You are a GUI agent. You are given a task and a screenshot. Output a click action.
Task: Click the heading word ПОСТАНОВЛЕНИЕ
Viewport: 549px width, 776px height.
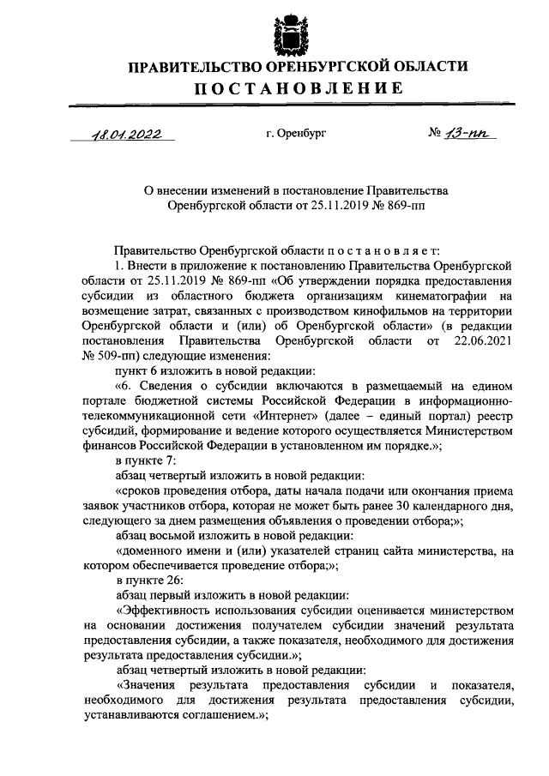coord(297,87)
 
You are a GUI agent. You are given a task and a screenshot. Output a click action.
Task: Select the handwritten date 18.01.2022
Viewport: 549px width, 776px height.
coord(126,134)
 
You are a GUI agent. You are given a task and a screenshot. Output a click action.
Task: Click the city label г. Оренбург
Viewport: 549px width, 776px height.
coord(296,134)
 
